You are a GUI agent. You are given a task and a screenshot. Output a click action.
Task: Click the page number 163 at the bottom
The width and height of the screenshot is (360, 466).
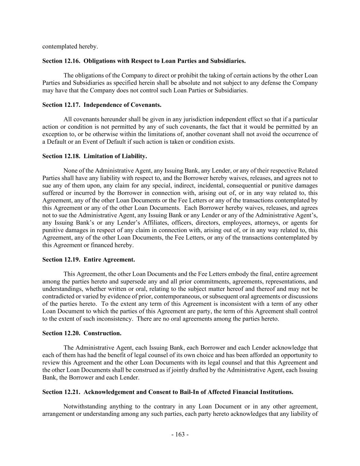[180, 434]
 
